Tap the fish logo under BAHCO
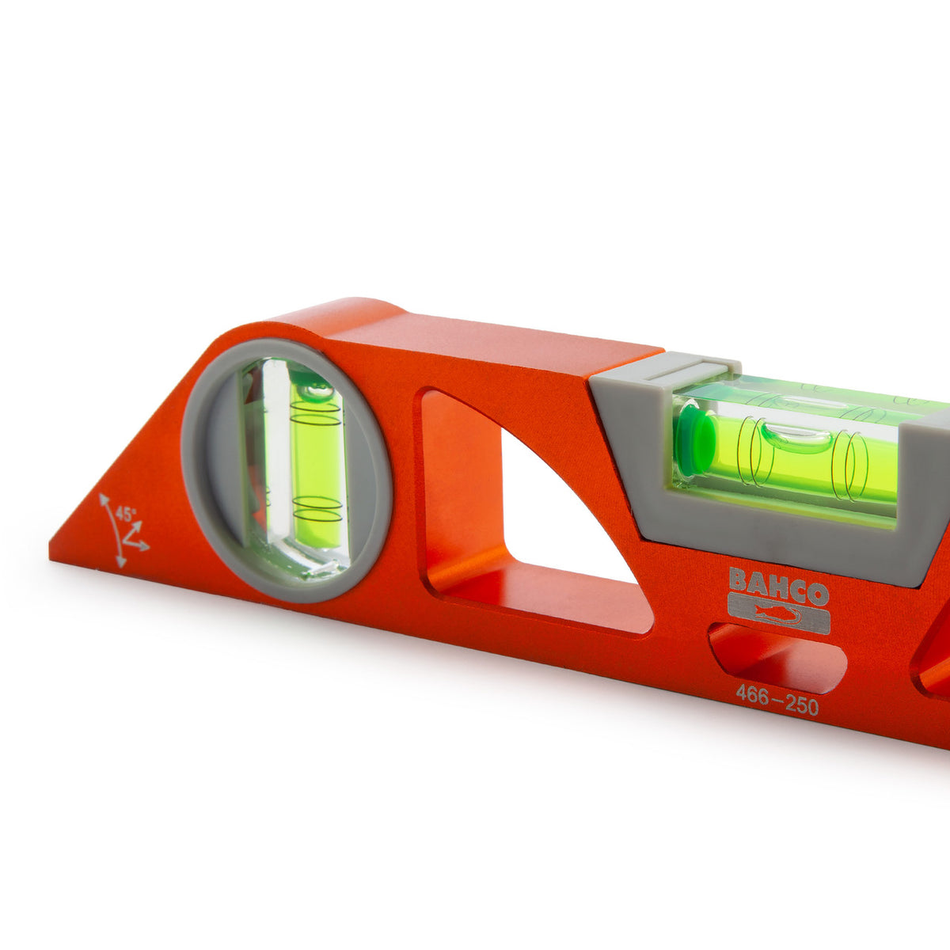pyautogui.click(x=779, y=614)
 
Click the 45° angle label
pyautogui.click(x=126, y=515)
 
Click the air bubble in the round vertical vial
pyautogui.click(x=314, y=391)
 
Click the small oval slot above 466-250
pyautogui.click(x=777, y=658)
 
